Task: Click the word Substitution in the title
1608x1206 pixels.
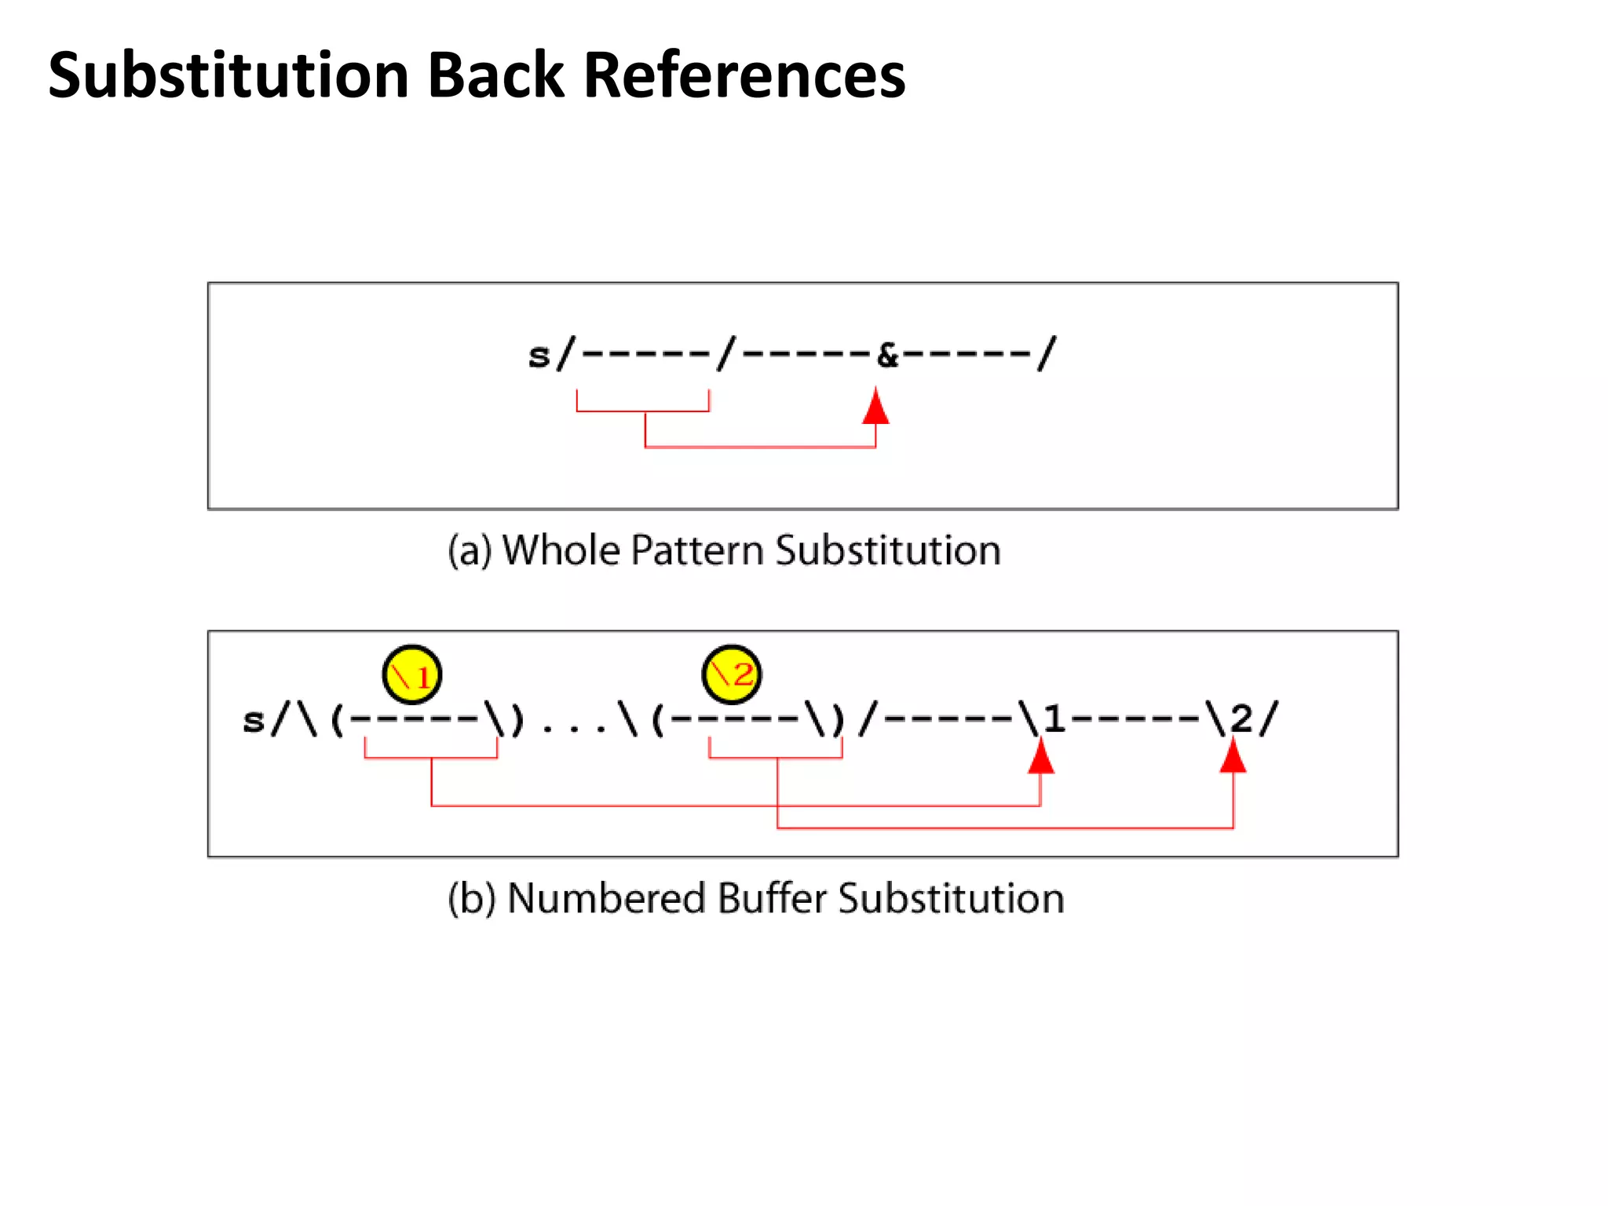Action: pyautogui.click(x=228, y=75)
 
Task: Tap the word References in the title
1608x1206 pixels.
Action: pyautogui.click(x=744, y=75)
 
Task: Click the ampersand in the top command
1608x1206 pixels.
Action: pyautogui.click(x=887, y=356)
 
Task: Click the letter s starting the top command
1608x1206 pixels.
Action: pyautogui.click(x=539, y=356)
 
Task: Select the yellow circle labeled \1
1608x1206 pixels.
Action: pyautogui.click(x=412, y=674)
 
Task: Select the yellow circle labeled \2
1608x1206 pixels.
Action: pyautogui.click(x=732, y=674)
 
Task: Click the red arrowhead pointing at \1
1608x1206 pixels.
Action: pyautogui.click(x=1041, y=757)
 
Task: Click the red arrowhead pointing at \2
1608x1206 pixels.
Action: pyautogui.click(x=1233, y=757)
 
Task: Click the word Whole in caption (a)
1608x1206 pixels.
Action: pyautogui.click(x=561, y=550)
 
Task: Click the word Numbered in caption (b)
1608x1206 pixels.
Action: pyautogui.click(x=606, y=899)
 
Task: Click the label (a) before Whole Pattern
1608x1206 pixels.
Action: pyautogui.click(x=470, y=550)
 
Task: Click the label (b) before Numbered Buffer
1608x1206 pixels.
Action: pyautogui.click(x=471, y=899)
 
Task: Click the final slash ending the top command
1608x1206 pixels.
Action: pyautogui.click(x=1047, y=354)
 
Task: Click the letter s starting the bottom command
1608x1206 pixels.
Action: pyautogui.click(x=254, y=720)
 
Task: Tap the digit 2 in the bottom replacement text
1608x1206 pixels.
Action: pyautogui.click(x=1241, y=718)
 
